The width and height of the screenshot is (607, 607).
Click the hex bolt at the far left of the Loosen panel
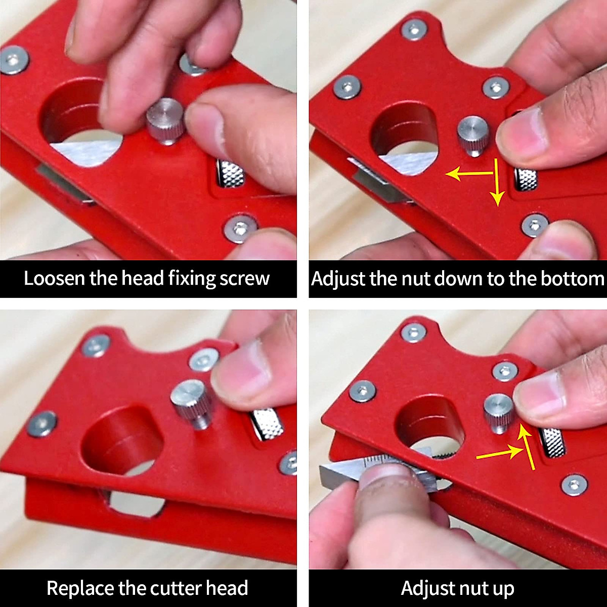pos(13,60)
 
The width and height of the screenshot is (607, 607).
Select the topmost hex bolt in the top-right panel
pos(414,30)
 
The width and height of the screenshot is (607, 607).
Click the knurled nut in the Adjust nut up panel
pos(552,441)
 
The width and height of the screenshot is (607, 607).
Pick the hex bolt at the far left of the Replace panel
pos(41,424)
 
